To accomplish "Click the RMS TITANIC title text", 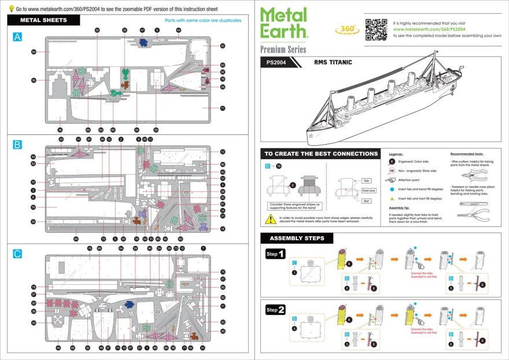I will [x=333, y=62].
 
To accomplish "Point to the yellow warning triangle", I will [x=270, y=219].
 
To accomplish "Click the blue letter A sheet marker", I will [x=17, y=36].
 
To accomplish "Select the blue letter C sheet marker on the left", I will [x=17, y=254].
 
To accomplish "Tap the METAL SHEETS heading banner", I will [x=43, y=20].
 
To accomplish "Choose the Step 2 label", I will [x=275, y=310].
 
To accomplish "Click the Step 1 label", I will [x=275, y=254].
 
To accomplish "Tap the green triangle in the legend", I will [x=392, y=199].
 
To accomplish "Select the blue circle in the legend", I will [x=392, y=189].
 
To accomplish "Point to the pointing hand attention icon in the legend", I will [x=392, y=180].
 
